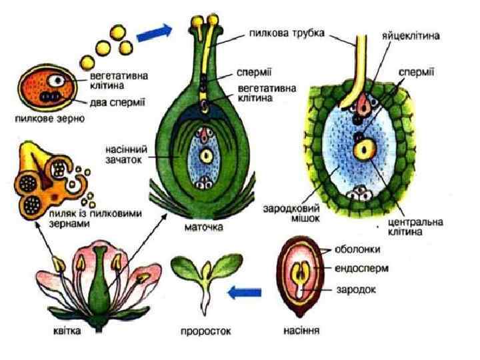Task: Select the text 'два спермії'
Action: tap(118, 103)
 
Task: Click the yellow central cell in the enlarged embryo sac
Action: tap(365, 149)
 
